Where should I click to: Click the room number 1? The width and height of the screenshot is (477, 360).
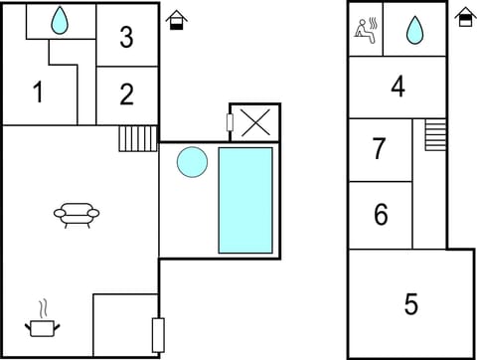[38, 93]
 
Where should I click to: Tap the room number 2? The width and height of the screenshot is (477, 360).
[126, 94]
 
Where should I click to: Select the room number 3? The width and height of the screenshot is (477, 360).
[126, 38]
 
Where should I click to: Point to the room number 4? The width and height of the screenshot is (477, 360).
[397, 88]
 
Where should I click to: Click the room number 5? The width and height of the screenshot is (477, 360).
[410, 303]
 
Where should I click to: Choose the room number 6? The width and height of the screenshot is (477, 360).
[381, 214]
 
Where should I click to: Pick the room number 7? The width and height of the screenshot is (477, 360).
[379, 149]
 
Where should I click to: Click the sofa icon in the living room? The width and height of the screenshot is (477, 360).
[77, 214]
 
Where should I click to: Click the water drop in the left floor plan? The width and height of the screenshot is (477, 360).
[60, 20]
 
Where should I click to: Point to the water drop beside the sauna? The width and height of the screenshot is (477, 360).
[415, 31]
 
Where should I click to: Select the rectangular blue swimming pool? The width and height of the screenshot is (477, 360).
[244, 199]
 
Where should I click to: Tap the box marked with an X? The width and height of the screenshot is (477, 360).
[256, 123]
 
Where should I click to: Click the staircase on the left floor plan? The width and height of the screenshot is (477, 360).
[138, 137]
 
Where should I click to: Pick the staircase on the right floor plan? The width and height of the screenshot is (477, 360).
[435, 134]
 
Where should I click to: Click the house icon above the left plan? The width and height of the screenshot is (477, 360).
[177, 19]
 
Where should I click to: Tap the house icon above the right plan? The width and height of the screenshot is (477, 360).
[465, 16]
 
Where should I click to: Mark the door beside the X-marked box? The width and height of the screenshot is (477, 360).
[230, 123]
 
